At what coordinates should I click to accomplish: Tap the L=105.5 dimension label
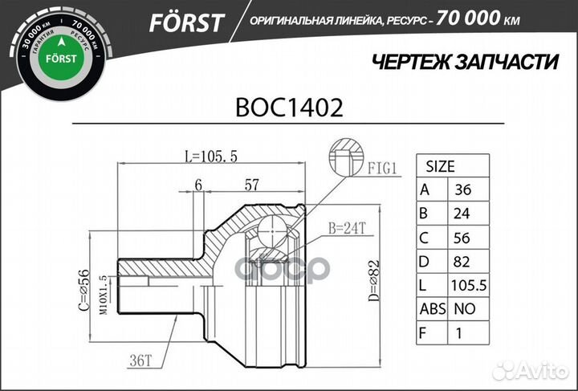(x=210, y=157)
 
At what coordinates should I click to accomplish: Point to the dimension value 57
(x=251, y=185)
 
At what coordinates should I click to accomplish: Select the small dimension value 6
(x=197, y=185)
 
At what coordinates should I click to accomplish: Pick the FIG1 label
(x=384, y=169)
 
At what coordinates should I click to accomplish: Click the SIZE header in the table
(x=440, y=167)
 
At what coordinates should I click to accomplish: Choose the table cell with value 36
(x=464, y=190)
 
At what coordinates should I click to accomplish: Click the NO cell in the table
(x=464, y=308)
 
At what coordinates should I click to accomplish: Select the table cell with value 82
(x=464, y=261)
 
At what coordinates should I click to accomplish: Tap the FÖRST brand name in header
(x=185, y=22)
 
